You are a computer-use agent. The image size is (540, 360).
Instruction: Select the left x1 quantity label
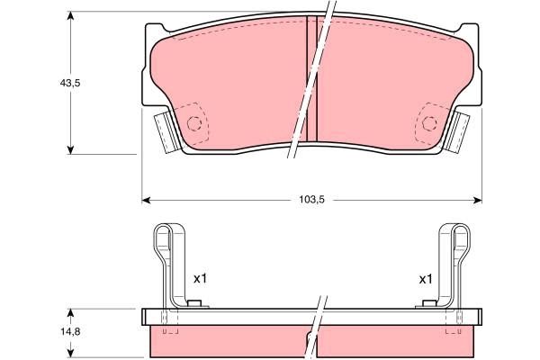(x=200, y=279)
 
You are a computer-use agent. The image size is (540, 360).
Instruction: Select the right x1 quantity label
(x=426, y=279)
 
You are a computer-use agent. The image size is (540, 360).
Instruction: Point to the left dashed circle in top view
(x=194, y=124)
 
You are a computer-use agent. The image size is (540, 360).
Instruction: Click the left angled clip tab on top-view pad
(x=164, y=132)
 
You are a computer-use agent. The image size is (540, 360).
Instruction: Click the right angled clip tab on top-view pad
(x=461, y=132)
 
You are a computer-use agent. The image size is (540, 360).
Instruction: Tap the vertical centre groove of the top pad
(x=312, y=85)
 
